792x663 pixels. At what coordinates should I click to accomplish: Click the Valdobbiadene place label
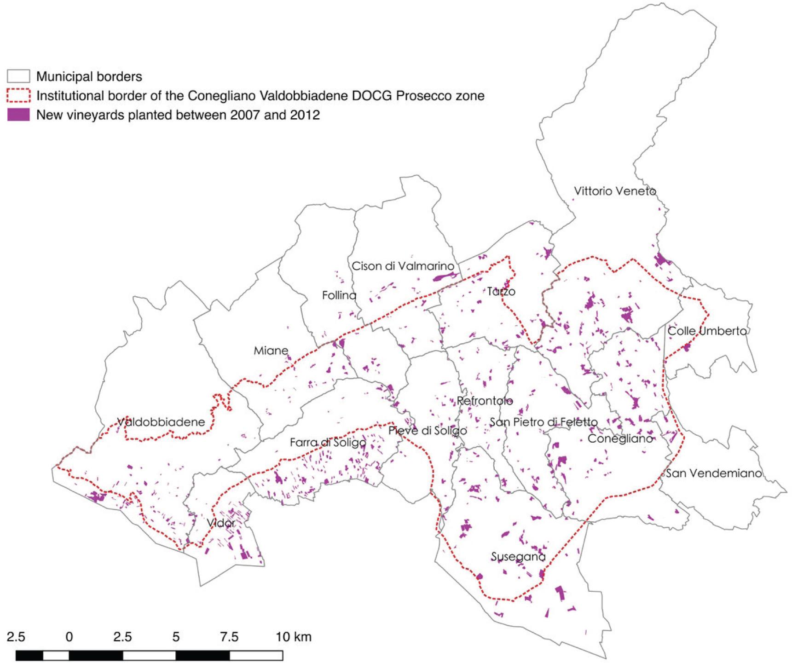click(x=161, y=422)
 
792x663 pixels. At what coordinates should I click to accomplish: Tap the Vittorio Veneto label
click(x=615, y=191)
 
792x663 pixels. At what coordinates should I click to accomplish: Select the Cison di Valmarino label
click(x=403, y=266)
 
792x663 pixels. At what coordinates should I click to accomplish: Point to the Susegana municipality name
click(x=518, y=557)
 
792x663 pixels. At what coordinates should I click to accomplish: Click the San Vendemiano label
click(x=713, y=473)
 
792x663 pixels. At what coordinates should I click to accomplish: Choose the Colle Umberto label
click(x=707, y=331)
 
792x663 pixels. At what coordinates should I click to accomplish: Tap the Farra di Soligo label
click(x=328, y=443)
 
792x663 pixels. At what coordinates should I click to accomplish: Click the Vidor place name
click(x=221, y=523)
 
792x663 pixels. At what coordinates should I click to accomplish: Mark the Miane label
click(x=271, y=351)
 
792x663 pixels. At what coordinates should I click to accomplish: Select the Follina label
click(x=339, y=295)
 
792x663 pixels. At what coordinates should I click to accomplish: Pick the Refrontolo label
click(x=485, y=401)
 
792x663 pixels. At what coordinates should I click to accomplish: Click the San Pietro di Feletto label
click(x=543, y=422)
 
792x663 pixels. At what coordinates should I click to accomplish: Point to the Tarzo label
click(x=501, y=291)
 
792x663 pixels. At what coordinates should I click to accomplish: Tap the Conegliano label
click(x=620, y=438)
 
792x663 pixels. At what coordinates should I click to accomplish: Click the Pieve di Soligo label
click(x=428, y=431)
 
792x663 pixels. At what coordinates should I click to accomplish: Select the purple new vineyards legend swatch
click(x=18, y=115)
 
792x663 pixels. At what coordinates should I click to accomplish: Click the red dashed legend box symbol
click(x=18, y=95)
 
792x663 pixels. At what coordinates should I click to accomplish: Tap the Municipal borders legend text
click(x=89, y=76)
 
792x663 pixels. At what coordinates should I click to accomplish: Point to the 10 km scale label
click(x=294, y=637)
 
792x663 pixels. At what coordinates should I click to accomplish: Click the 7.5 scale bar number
click(x=229, y=637)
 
